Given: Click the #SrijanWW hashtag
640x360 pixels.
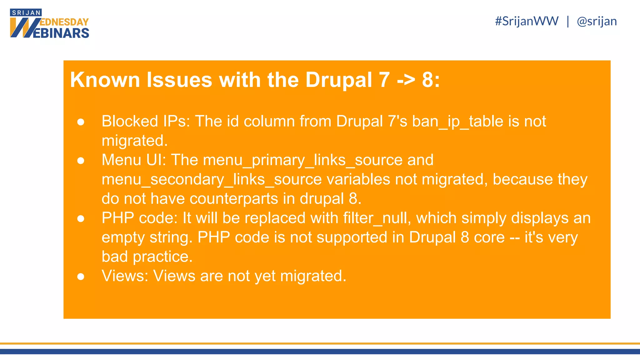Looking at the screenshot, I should pos(527,21).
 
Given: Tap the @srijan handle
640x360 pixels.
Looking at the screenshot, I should pos(597,21).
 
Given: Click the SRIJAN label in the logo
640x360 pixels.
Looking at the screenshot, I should pos(26,13).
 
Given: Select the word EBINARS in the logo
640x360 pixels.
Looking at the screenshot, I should pos(61,33).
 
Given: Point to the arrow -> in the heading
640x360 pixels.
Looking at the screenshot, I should pos(406,80).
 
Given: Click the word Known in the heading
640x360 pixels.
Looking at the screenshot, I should pos(105,80).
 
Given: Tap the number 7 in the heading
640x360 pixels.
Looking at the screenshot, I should pos(384,80).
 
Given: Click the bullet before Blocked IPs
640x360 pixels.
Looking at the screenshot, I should pos(81,122).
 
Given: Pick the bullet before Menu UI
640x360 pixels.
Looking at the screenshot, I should pos(81,161).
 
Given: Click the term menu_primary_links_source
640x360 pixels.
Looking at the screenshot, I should pos(302,160).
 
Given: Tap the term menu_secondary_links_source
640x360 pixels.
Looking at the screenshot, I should pos(212,180).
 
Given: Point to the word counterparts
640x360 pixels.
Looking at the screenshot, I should pos(234,199).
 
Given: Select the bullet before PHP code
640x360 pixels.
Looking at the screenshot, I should pos(81,219).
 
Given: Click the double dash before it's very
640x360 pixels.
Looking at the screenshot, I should pos(514,237).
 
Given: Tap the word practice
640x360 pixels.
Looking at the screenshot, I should pos(162,257).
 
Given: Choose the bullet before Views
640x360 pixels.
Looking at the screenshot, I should pos(81,277).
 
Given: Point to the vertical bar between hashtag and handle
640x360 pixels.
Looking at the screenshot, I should pos(568,21).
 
